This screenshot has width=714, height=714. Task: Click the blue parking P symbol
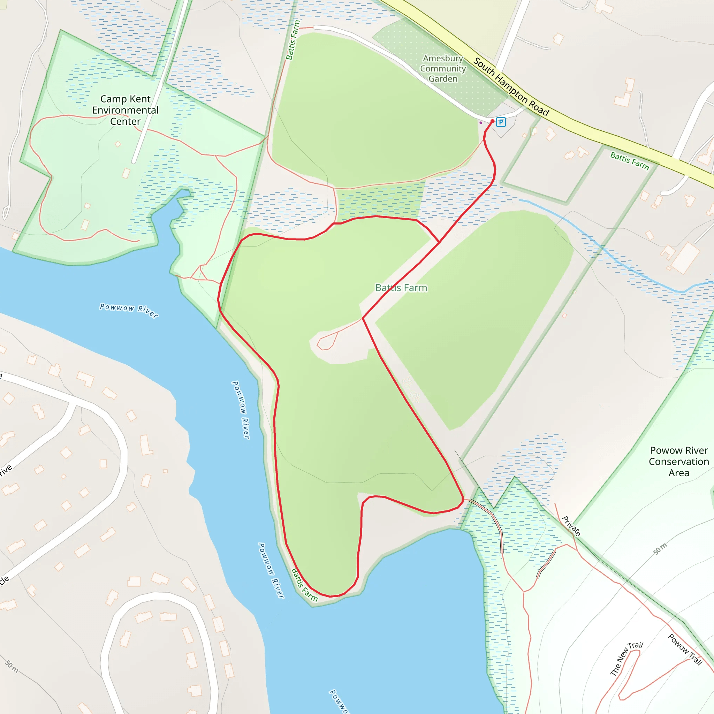pyautogui.click(x=501, y=122)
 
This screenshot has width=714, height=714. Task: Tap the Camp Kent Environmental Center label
pyautogui.click(x=125, y=110)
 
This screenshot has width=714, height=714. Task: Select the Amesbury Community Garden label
pyautogui.click(x=443, y=69)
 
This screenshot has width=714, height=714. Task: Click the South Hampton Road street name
pyautogui.click(x=511, y=87)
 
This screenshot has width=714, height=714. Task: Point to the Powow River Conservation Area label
pyautogui.click(x=679, y=461)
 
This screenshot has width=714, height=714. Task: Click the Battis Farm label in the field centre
pyautogui.click(x=401, y=288)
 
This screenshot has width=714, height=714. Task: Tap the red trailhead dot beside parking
pyautogui.click(x=492, y=121)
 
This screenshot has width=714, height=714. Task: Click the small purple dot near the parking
pyautogui.click(x=481, y=123)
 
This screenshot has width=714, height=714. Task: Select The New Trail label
pyautogui.click(x=626, y=659)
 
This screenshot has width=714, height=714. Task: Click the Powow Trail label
pyautogui.click(x=685, y=649)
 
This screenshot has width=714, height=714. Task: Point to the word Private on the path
pyautogui.click(x=571, y=526)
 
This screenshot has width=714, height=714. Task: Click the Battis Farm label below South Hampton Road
pyautogui.click(x=629, y=161)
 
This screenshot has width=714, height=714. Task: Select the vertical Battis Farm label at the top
pyautogui.click(x=293, y=40)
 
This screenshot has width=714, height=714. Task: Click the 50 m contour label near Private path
pyautogui.click(x=660, y=549)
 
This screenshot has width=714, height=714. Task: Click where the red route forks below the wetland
pyautogui.click(x=439, y=242)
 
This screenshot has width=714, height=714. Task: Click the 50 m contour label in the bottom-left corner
pyautogui.click(x=12, y=667)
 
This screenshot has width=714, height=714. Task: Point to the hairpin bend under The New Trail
pyautogui.click(x=622, y=698)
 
